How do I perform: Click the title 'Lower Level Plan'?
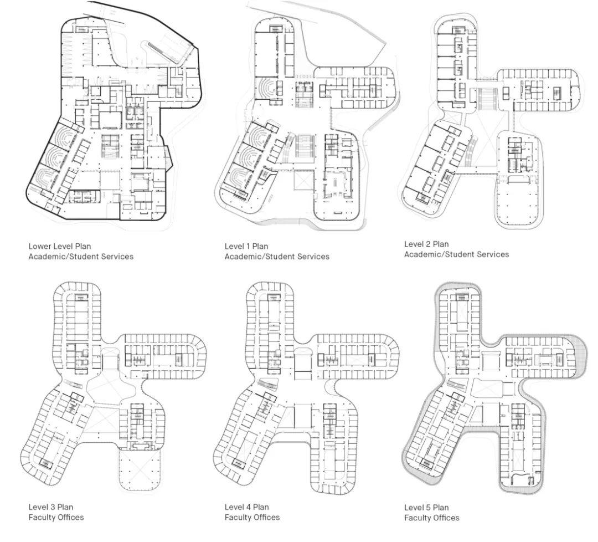[x=60, y=246]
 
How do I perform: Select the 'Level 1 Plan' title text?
[x=246, y=246]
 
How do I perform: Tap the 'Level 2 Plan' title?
[x=426, y=244]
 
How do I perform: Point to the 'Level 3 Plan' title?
[x=51, y=507]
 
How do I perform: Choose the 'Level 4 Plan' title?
[x=247, y=507]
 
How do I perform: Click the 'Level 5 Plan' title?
[x=426, y=507]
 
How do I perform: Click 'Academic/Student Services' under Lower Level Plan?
[x=81, y=257]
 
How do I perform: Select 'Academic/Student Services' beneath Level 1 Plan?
[x=277, y=257]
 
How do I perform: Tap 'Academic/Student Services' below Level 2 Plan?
[x=456, y=254]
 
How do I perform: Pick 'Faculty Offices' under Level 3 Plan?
[x=56, y=517]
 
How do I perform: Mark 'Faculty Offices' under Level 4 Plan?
[x=252, y=517]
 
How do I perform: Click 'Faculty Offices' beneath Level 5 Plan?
[x=432, y=518]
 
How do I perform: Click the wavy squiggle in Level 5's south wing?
[x=519, y=477]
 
